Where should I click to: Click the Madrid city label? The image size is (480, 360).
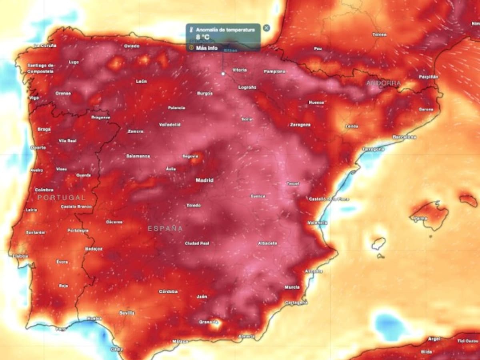click(204, 180)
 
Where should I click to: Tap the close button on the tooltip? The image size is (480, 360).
click(266, 28)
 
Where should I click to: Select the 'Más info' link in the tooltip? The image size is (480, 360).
click(206, 48)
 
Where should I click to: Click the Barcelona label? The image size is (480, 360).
click(404, 137)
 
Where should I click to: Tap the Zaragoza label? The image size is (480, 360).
click(300, 125)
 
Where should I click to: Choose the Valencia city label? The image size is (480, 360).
click(318, 223)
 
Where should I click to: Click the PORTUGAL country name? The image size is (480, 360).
click(62, 198)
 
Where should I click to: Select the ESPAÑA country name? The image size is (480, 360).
click(165, 229)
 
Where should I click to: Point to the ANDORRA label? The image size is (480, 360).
click(383, 83)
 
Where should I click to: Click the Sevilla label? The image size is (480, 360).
click(126, 313)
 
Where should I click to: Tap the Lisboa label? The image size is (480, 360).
click(20, 256)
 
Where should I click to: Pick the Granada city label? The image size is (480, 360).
click(208, 322)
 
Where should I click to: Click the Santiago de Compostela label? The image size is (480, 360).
click(40, 68)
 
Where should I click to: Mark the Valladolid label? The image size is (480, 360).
click(170, 125)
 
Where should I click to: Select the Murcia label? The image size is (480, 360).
click(292, 287)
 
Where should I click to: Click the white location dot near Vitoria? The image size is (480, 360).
click(223, 74)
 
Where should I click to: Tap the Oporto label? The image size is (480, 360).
click(38, 147)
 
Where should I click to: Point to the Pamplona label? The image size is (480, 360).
click(274, 72)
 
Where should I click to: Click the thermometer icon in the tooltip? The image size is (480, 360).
click(191, 30)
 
